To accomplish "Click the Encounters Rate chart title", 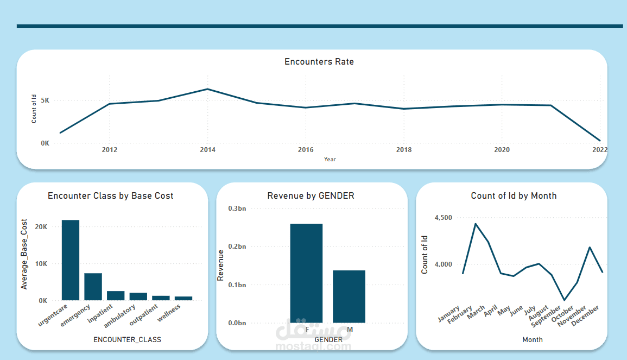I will pos(319,62).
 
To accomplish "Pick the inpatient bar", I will pos(116,295).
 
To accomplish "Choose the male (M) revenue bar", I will pos(349,296).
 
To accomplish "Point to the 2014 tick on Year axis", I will pos(207,150).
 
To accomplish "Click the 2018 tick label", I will pos(403,150).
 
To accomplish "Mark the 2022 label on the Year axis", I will pos(599,150).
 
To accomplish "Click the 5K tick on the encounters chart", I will pos(45,100).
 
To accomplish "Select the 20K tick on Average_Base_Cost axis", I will pos(41,227).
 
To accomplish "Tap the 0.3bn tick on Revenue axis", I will pos(237,209).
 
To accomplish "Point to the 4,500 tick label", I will pos(443,218).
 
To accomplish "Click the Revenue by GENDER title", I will pos(311,195).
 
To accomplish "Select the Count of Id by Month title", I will pos(514,195).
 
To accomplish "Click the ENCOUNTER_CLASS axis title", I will pos(127,340).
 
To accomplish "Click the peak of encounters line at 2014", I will pos(207,89).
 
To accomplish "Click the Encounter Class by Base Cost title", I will pos(111,195).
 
